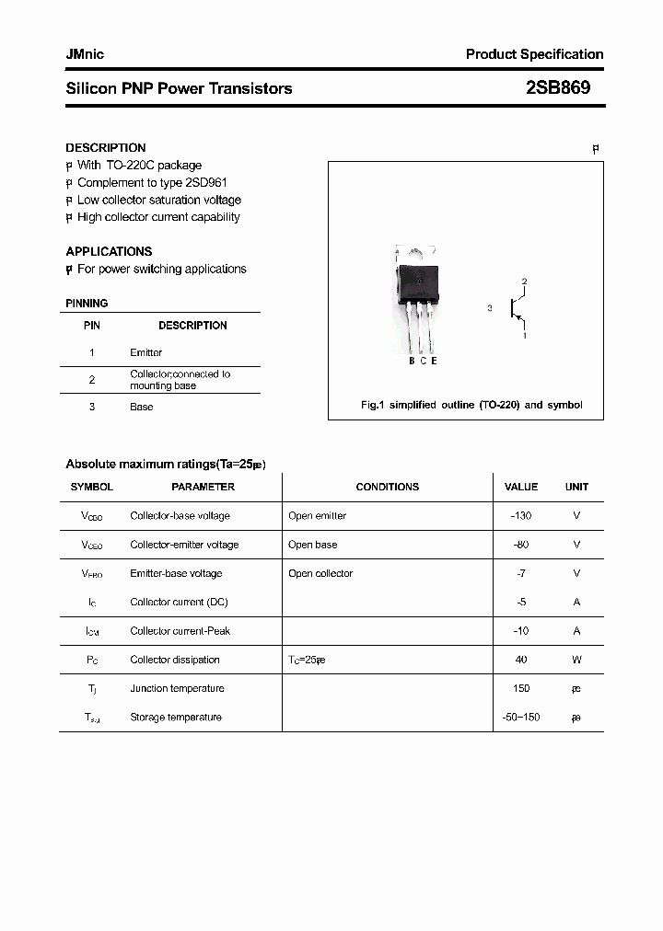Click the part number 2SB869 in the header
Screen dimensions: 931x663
558,88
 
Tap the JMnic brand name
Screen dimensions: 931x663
85,54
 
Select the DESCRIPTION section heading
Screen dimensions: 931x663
105,147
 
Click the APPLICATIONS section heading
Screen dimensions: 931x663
109,251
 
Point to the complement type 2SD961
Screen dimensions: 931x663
206,183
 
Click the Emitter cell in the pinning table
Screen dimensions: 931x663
145,352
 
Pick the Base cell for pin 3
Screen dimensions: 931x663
141,407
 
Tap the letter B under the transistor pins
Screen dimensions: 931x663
412,361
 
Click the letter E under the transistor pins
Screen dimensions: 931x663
434,361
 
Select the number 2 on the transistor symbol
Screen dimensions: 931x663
524,281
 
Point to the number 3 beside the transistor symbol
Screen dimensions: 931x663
490,309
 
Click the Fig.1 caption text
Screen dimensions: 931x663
471,405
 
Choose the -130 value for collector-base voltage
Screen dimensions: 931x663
520,516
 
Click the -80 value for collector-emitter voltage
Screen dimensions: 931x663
520,545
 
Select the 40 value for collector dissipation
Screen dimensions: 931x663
520,660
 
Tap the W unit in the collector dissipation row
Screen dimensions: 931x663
576,660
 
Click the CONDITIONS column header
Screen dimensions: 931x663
387,487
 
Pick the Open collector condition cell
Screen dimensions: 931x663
320,573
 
